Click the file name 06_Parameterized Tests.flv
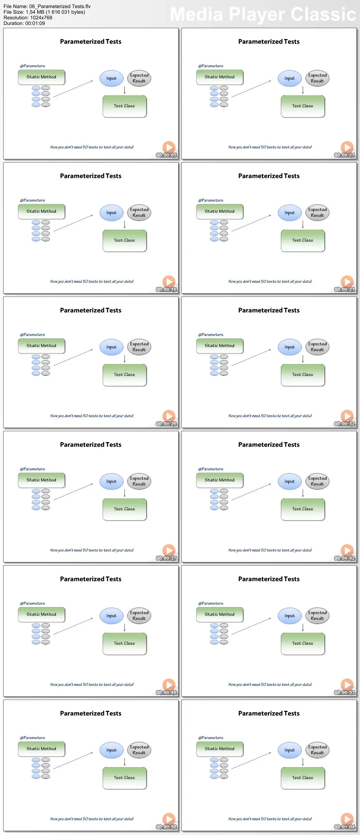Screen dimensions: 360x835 coord(47,6)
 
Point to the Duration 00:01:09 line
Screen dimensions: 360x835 coord(24,23)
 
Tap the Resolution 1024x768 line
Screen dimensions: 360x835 coord(28,18)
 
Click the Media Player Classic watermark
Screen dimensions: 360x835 coord(263,14)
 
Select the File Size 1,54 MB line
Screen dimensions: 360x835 coord(44,12)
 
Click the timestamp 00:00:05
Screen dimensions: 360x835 coord(166,155)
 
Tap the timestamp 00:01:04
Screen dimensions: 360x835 coord(345,827)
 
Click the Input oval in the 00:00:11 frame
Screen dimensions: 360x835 coord(290,78)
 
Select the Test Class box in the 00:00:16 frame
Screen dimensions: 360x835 coord(124,241)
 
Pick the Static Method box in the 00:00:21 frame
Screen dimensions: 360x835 coord(220,211)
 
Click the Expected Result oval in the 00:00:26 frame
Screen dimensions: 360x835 coord(139,347)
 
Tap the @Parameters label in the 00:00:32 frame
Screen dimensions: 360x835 coord(211,334)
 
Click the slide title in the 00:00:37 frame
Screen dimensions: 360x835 coord(91,445)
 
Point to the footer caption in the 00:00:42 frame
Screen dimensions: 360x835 coord(270,550)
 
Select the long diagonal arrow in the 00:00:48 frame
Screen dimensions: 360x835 coord(73,626)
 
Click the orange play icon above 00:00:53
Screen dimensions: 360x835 coord(347,684)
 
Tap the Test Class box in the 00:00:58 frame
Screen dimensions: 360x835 coord(124,778)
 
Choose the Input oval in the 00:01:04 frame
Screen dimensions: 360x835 coord(290,750)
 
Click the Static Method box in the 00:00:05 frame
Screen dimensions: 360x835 coord(41,77)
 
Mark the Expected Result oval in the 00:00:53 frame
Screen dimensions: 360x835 coord(317,616)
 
